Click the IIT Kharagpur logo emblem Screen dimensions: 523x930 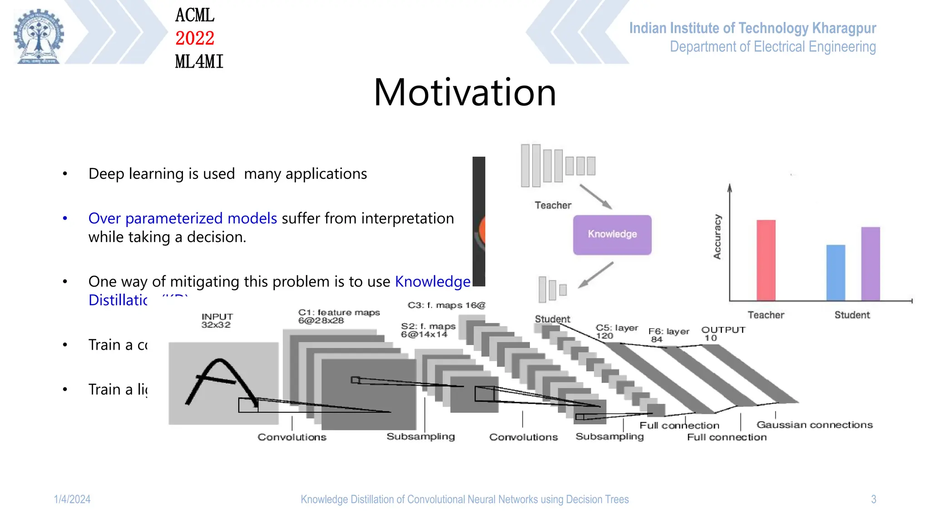point(39,36)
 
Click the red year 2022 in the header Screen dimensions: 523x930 point(194,38)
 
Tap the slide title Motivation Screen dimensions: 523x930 point(465,93)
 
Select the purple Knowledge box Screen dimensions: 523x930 point(612,234)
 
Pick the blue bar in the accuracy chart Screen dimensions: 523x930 point(835,272)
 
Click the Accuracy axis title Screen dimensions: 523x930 point(717,237)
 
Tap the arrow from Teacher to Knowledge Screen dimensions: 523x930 point(596,197)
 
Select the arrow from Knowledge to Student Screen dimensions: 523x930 point(596,275)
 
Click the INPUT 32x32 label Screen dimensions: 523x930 point(217,321)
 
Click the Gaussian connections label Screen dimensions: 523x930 point(814,425)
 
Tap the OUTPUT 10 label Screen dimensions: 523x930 point(722,334)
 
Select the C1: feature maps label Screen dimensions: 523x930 point(338,316)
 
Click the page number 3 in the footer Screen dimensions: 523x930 point(873,499)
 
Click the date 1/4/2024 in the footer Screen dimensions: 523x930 point(72,499)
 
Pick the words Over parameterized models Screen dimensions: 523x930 point(183,218)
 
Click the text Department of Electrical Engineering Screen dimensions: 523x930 point(772,47)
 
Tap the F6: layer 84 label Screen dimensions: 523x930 point(668,335)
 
